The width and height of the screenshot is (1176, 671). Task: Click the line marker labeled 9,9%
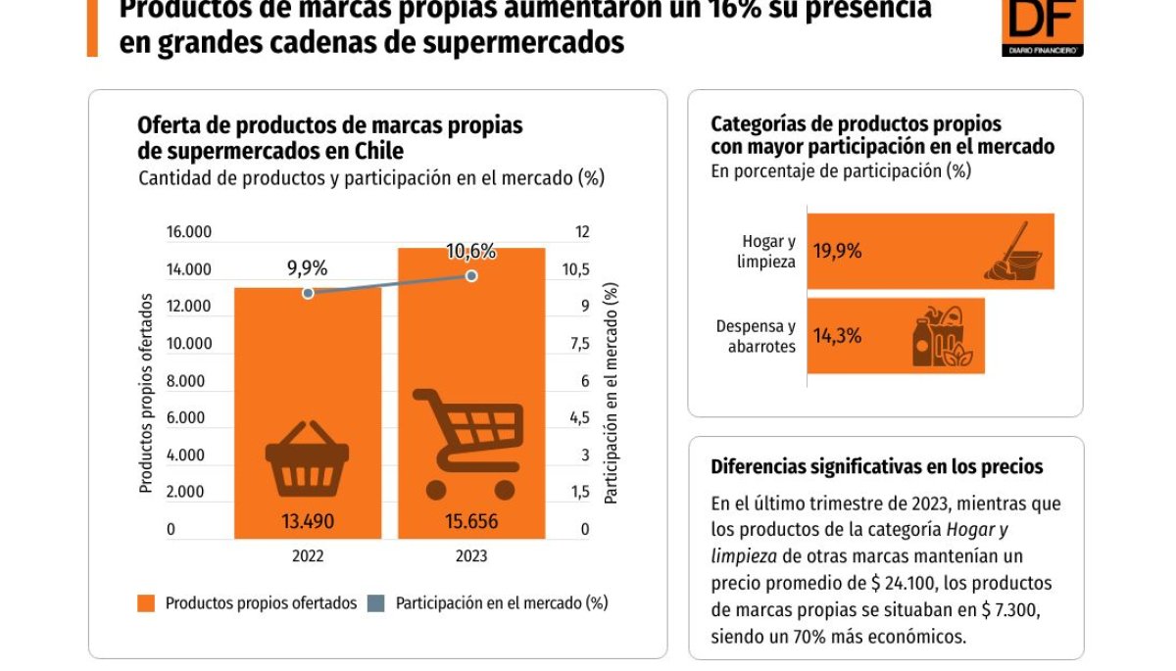tap(308, 293)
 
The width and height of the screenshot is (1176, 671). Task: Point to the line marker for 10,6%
tap(471, 276)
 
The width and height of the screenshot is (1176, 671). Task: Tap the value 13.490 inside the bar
tap(307, 521)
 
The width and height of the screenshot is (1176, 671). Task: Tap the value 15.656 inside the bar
tap(470, 521)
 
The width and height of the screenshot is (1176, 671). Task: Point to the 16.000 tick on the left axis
tap(189, 232)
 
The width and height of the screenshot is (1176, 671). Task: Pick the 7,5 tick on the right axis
tap(579, 344)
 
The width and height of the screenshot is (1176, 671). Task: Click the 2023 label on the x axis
tap(471, 555)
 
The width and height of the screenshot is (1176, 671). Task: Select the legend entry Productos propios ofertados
tap(249, 603)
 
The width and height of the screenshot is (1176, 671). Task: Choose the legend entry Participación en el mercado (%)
tap(490, 603)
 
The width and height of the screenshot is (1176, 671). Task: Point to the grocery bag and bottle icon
tap(942, 338)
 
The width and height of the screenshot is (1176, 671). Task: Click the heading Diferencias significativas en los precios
tap(876, 467)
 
